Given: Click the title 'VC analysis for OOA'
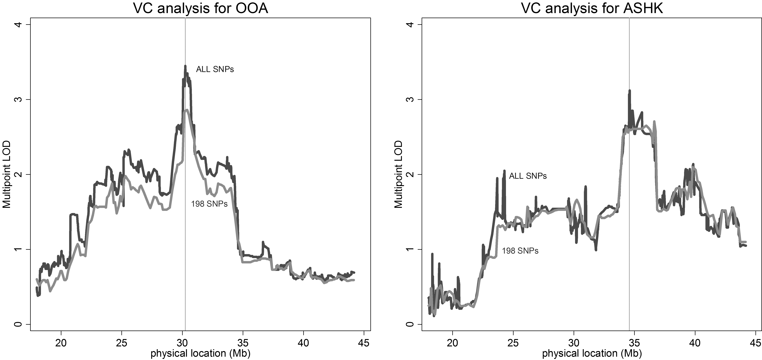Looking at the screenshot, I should coord(201,8).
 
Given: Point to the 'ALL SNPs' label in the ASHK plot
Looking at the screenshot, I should coord(528,176).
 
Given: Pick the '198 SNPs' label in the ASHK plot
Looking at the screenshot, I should coord(520,251).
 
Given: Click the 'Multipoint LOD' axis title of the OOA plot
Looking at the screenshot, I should coord(7,174).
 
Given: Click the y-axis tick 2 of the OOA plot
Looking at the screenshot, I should coord(18,174).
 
